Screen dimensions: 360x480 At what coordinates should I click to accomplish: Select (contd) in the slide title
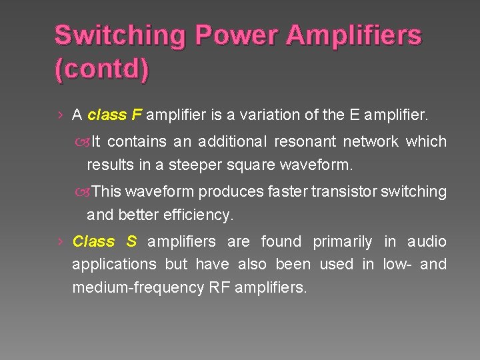[101, 69]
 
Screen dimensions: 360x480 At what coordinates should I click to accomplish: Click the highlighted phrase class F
[115, 115]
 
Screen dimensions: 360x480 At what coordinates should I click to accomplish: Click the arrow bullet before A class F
[60, 115]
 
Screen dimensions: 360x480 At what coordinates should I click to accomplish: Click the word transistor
[343, 192]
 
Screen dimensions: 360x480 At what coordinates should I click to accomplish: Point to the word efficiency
[199, 215]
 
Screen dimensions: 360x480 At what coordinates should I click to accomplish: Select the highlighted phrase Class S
[104, 241]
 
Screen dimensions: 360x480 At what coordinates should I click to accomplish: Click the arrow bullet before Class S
[60, 241]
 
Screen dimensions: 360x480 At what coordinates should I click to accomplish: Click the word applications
[114, 265]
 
